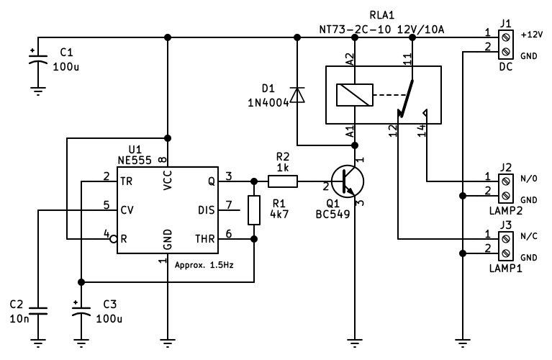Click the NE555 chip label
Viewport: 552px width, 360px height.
coord(135,161)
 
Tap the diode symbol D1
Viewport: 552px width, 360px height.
coord(297,95)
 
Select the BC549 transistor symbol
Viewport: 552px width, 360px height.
coord(348,181)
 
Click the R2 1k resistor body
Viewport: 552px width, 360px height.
coord(283,181)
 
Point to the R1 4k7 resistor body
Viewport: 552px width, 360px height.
coord(254,210)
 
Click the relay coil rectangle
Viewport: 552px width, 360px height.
coord(355,95)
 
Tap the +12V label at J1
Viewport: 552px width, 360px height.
coord(532,35)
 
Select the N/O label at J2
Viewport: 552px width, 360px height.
coord(529,179)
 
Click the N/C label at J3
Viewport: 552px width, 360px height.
coord(529,236)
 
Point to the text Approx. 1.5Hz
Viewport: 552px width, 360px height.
coord(204,265)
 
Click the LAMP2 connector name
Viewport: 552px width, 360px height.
coord(505,211)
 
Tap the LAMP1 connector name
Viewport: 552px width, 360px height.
coord(505,269)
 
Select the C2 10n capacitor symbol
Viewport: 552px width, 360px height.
coord(38,311)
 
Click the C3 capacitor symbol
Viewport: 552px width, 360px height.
coord(81,310)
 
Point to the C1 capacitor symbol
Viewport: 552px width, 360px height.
coord(38,58)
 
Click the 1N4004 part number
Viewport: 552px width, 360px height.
coord(268,103)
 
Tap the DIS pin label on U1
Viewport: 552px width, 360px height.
coord(207,210)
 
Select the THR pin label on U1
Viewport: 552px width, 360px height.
coord(205,239)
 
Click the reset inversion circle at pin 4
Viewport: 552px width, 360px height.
coord(114,239)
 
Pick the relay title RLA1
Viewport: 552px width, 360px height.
coord(382,16)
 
